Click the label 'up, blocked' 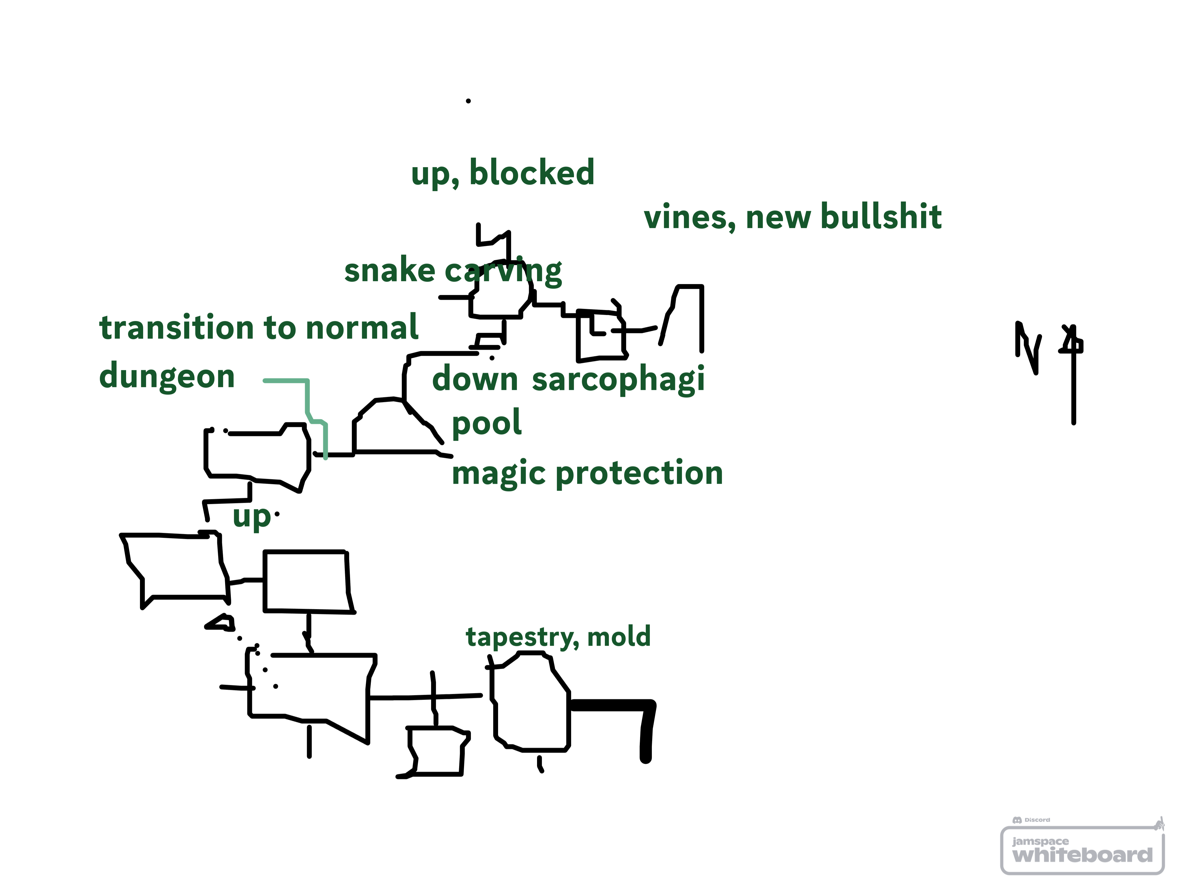(502, 173)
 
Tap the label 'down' (474, 379)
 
